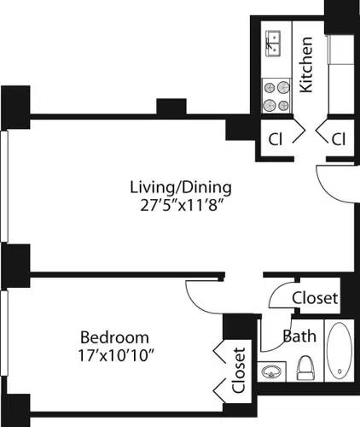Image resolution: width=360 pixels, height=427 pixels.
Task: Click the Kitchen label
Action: pyautogui.click(x=307, y=65)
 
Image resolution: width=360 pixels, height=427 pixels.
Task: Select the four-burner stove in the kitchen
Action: pyautogui.click(x=274, y=95)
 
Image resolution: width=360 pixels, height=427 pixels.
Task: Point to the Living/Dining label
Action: pyautogui.click(x=180, y=186)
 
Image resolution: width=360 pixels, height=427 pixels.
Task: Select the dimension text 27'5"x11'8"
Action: pyautogui.click(x=180, y=205)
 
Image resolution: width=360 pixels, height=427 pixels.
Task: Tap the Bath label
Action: pyautogui.click(x=299, y=336)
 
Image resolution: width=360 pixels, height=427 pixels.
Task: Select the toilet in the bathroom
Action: pyautogui.click(x=306, y=368)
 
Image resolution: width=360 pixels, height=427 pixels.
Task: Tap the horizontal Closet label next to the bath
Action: pyautogui.click(x=315, y=298)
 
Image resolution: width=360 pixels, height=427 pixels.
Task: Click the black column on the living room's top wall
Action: pyautogui.click(x=171, y=107)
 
